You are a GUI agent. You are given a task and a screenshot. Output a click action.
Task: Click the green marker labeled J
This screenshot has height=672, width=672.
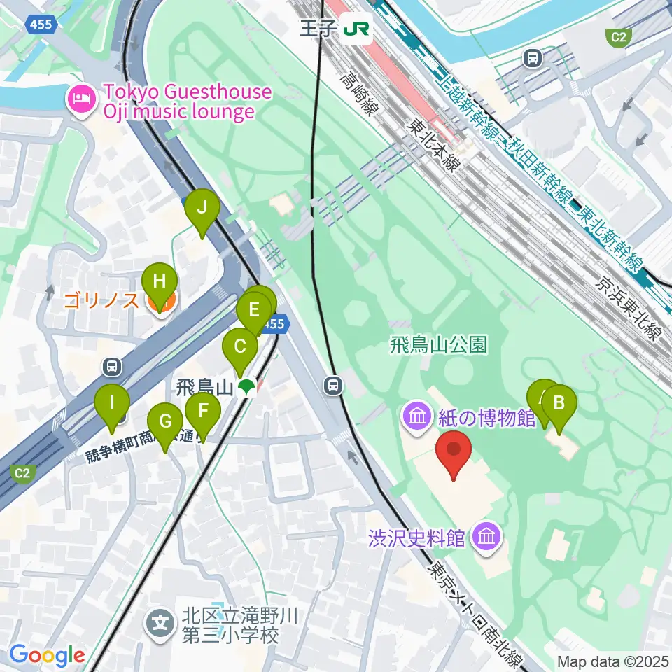pyautogui.click(x=202, y=208)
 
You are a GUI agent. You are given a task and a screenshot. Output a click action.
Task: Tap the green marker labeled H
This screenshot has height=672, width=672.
pyautogui.click(x=160, y=283)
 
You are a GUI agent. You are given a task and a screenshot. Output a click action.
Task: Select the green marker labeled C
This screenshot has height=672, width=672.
pyautogui.click(x=240, y=346)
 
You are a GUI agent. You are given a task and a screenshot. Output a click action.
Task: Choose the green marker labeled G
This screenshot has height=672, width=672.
pyautogui.click(x=165, y=422)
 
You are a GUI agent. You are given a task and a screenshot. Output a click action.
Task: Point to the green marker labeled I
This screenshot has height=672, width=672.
pyautogui.click(x=112, y=403)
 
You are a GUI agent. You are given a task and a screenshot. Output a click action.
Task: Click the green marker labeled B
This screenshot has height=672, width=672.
pyautogui.click(x=559, y=403)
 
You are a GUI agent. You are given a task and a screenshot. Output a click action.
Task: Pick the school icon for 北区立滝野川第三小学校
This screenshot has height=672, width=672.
pyautogui.click(x=161, y=621)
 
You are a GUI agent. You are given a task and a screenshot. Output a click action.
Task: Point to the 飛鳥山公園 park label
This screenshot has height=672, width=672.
pyautogui.click(x=438, y=344)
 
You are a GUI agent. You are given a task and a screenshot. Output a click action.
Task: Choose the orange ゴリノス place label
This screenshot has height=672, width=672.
pyautogui.click(x=104, y=302)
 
